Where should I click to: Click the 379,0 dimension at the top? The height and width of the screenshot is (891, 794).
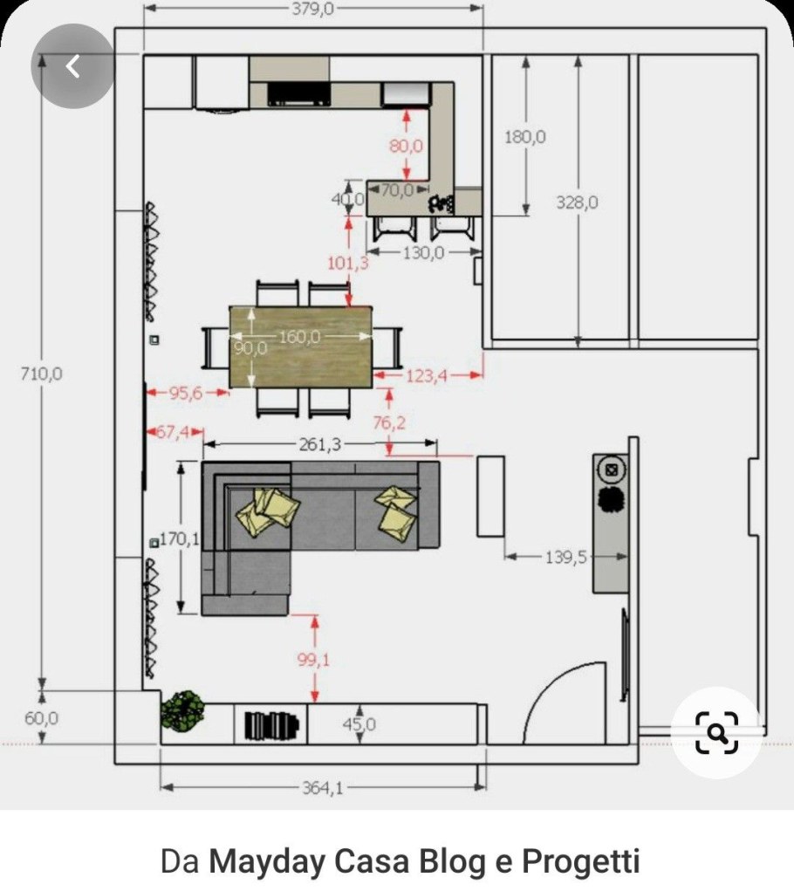coord(313,9)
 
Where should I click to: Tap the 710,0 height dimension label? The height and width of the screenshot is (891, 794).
coord(42,374)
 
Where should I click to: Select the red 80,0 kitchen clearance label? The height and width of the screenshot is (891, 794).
coord(406,146)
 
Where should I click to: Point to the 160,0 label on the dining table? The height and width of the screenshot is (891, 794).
coord(299,337)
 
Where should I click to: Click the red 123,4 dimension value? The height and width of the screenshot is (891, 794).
coord(427,375)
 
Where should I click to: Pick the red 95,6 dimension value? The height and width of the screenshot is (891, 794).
coord(186,393)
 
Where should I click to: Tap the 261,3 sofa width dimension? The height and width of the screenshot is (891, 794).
coord(320,444)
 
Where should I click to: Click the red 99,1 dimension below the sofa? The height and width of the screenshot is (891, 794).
coord(313,660)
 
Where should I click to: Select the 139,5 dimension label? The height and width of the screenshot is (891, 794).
coord(566,557)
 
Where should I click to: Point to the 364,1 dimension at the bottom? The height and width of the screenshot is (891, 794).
coord(323,787)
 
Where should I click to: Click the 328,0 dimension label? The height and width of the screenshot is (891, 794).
coord(577,202)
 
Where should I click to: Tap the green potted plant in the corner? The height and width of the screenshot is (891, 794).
coord(182,711)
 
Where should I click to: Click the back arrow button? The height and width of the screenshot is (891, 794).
coord(72,66)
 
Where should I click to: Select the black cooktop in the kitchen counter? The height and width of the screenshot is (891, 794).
coord(298,93)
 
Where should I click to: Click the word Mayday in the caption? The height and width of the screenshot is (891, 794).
coord(266,860)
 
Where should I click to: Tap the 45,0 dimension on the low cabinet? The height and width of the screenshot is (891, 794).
coord(359,724)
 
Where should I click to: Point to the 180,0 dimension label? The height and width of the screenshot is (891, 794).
coord(525,137)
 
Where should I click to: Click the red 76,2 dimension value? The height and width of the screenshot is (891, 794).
coord(390,422)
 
